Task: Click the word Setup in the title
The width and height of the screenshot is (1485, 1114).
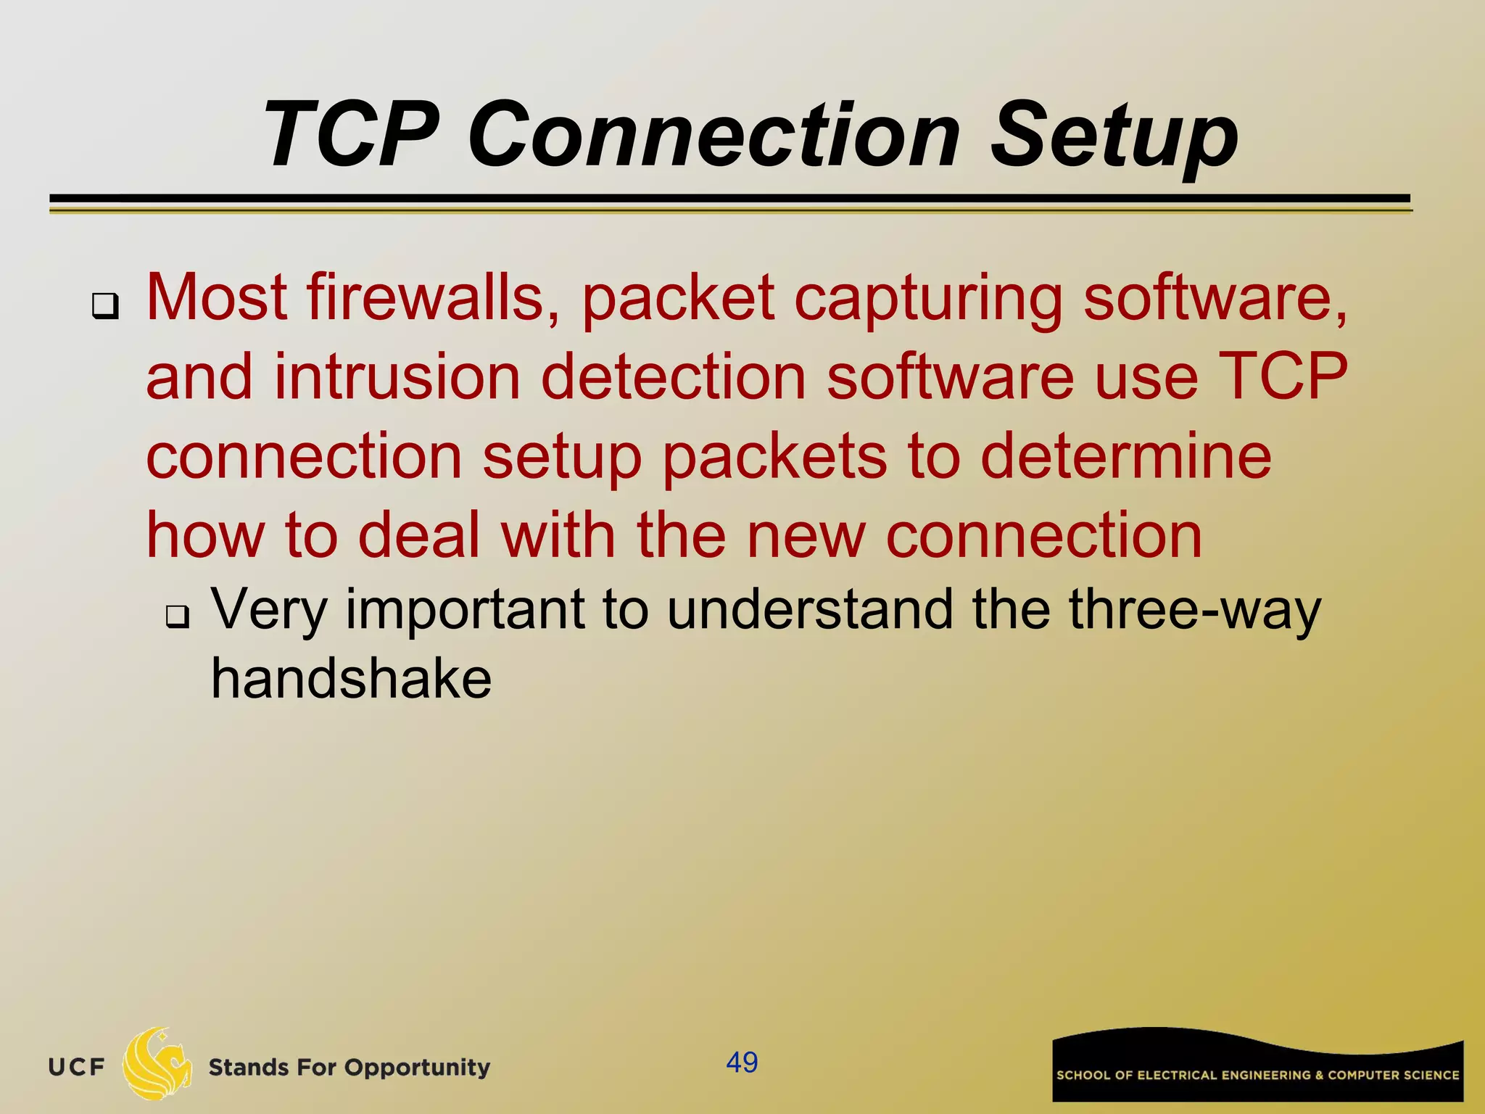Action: (x=1114, y=136)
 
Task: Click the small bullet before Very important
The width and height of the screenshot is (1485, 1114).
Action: (x=177, y=616)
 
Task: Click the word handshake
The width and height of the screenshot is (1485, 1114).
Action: (x=351, y=679)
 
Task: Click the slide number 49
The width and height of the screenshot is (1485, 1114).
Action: (x=742, y=1063)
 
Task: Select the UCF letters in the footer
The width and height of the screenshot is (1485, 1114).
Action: (x=77, y=1068)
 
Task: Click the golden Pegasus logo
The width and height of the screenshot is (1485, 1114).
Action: (x=157, y=1064)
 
